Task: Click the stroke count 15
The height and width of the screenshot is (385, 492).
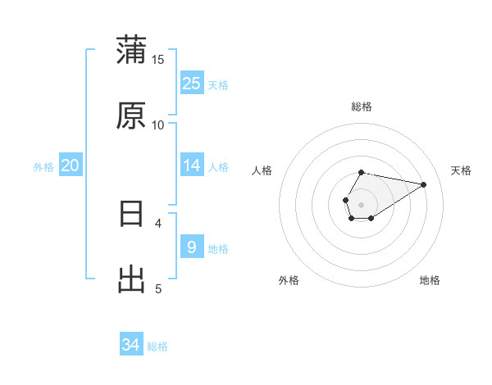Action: pyautogui.click(x=158, y=59)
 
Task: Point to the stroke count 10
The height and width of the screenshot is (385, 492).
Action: pyautogui.click(x=158, y=125)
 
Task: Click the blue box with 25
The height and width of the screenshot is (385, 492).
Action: pyautogui.click(x=192, y=83)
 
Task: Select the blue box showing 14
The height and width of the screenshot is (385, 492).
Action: pyautogui.click(x=192, y=165)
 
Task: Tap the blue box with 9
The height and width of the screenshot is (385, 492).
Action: pyautogui.click(x=192, y=247)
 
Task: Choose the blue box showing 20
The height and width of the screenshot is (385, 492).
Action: pyautogui.click(x=71, y=165)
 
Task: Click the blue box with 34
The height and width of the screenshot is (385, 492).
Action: pyautogui.click(x=131, y=345)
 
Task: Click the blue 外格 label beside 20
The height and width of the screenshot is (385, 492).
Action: pyautogui.click(x=43, y=167)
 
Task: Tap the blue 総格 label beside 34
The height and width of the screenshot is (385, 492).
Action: pyautogui.click(x=157, y=346)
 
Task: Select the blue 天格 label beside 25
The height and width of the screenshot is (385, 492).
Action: pyautogui.click(x=218, y=84)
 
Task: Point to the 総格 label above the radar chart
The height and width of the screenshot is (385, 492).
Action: pyautogui.click(x=361, y=106)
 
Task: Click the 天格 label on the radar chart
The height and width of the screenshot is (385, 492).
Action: pyautogui.click(x=461, y=170)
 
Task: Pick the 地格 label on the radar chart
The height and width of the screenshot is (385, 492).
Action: pyautogui.click(x=430, y=280)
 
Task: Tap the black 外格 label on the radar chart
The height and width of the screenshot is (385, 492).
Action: pyautogui.click(x=289, y=280)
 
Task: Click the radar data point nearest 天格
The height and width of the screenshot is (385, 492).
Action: pyautogui.click(x=424, y=183)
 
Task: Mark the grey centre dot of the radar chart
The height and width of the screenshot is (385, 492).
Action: pyautogui.click(x=361, y=203)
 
